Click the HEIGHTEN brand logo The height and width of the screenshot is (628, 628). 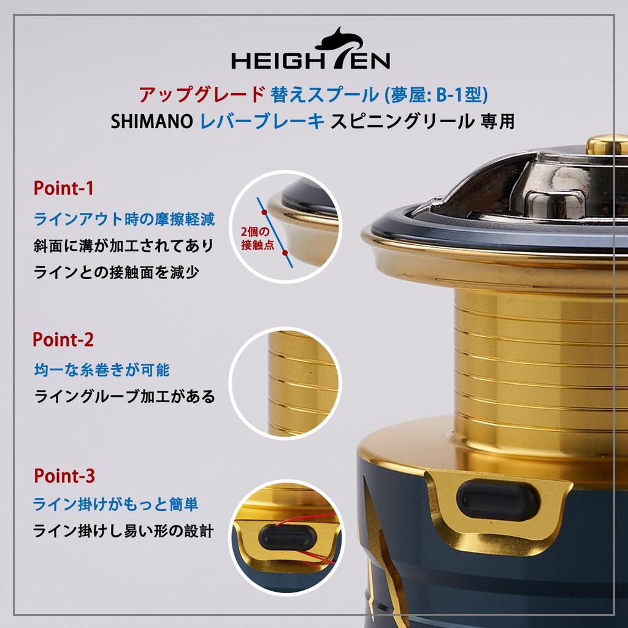(x=310, y=52)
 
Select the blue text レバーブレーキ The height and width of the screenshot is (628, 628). (x=262, y=121)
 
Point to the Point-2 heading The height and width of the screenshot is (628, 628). (x=63, y=339)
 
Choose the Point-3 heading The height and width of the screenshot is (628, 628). (x=64, y=475)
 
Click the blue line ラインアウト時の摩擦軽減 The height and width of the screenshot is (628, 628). (x=124, y=218)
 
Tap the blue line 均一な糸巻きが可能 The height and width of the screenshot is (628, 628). (x=102, y=370)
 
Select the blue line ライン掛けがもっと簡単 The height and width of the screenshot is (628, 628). (x=116, y=505)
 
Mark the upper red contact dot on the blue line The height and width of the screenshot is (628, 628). (x=264, y=213)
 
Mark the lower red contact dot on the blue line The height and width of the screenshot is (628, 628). (x=285, y=251)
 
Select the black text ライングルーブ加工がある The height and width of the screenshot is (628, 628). (x=124, y=397)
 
